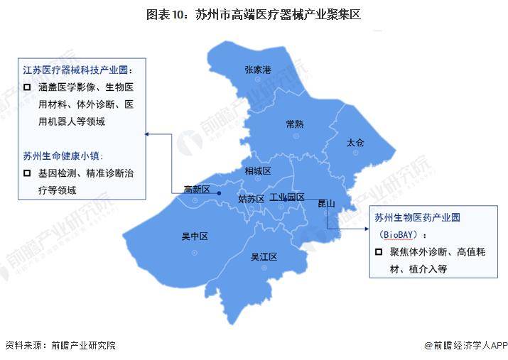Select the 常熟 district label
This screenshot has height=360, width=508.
(294, 124)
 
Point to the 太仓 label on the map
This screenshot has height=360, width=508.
(355, 143)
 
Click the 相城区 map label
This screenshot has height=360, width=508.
(258, 171)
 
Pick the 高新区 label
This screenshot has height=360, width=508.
(197, 189)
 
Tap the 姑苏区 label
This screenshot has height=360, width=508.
(251, 199)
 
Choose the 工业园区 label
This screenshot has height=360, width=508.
(287, 197)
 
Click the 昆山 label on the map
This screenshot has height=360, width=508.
(326, 204)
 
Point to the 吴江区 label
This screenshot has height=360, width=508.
(263, 257)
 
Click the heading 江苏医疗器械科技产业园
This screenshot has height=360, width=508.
(77, 70)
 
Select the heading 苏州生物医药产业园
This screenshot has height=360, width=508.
(418, 217)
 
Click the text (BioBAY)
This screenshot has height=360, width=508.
(401, 234)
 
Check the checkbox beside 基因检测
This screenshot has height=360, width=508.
(27, 173)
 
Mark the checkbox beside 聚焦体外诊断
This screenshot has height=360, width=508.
(378, 252)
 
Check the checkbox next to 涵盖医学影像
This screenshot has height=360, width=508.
(27, 87)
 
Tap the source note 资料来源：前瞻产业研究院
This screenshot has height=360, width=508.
(60, 346)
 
